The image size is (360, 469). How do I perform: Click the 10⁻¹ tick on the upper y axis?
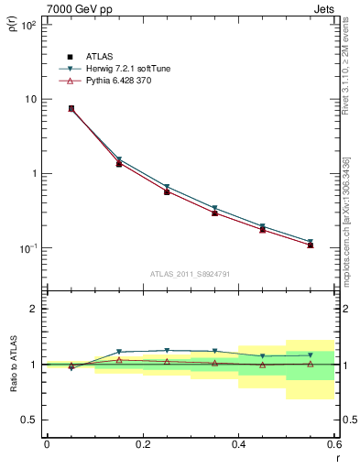pyautogui.click(x=27, y=248)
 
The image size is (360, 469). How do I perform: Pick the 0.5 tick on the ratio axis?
pyautogui.click(x=27, y=420)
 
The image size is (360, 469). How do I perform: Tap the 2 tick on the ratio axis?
pyautogui.click(x=33, y=309)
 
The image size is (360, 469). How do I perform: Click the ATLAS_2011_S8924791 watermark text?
pyautogui.click(x=190, y=273)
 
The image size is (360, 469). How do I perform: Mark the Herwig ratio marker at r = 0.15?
pyautogui.click(x=119, y=352)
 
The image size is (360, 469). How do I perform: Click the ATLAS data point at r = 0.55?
pyautogui.click(x=310, y=245)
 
